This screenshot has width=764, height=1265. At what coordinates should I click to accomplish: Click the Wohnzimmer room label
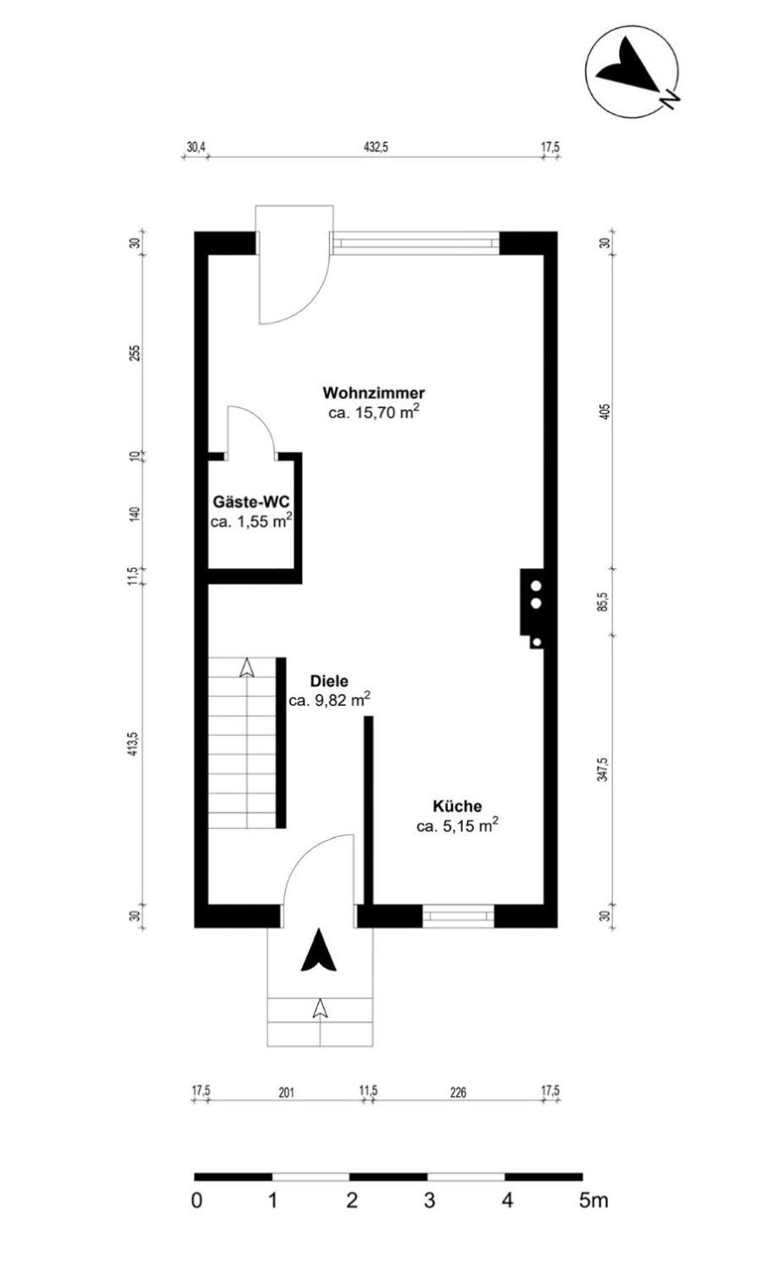374,392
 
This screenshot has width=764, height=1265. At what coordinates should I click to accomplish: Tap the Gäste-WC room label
251,501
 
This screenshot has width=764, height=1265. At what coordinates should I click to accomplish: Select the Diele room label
329,681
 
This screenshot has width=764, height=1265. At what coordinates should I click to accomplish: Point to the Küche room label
457,806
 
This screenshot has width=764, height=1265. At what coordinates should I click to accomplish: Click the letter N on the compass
670,98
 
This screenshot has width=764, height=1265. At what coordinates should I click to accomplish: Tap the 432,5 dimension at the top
376,148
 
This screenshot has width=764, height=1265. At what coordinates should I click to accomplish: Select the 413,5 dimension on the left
133,744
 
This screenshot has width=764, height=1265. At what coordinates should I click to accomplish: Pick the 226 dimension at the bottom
458,1093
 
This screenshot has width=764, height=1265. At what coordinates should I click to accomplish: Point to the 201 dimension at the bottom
287,1093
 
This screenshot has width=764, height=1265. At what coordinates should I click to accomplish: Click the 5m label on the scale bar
594,1200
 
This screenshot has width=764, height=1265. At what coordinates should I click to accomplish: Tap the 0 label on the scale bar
197,1200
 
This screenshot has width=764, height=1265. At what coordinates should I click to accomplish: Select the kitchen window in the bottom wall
458,916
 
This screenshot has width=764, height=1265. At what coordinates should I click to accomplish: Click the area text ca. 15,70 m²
374,411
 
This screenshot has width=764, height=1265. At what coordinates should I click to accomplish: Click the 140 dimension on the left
134,514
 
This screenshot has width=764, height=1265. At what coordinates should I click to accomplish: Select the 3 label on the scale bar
429,1200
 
